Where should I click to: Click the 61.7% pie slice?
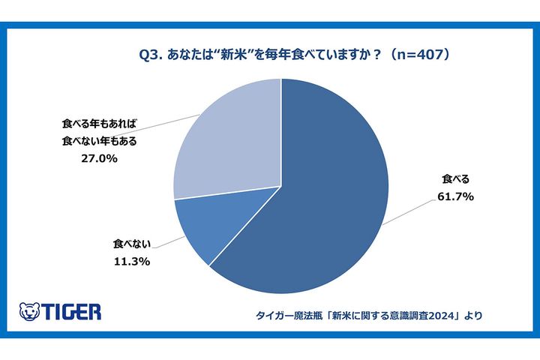click(322, 195)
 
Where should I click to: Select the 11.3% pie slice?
click(202, 225)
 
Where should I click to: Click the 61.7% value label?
click(451, 196)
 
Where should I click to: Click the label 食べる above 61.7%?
click(451, 179)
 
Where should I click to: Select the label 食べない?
click(133, 244)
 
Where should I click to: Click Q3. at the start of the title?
click(151, 54)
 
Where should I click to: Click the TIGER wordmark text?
click(72, 311)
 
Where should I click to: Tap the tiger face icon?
click(29, 311)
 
